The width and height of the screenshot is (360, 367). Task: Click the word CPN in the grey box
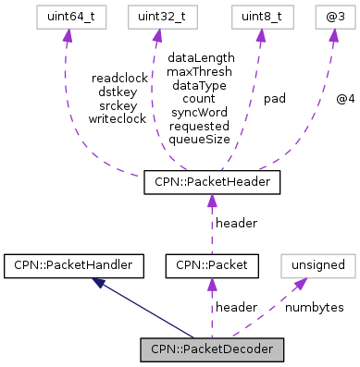pos(163,349)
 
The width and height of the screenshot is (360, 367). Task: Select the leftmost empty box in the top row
pos(71,17)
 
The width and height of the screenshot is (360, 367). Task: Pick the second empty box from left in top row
pos(163,17)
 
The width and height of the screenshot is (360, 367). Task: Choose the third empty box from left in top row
pos(262,17)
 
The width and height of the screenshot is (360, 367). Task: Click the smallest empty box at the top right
pos(335,17)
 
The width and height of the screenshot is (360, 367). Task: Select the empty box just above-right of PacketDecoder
pos(317,265)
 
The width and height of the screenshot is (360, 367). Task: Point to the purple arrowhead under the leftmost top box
pos(67,36)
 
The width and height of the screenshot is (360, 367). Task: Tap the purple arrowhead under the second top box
pos(157,36)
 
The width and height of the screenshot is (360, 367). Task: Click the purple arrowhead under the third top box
pos(261,36)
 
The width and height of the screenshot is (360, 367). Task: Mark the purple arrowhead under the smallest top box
pos(333,36)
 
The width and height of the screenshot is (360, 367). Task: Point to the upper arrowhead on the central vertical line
pos(212,202)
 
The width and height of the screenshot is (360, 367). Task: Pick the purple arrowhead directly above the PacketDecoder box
pos(212,285)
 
